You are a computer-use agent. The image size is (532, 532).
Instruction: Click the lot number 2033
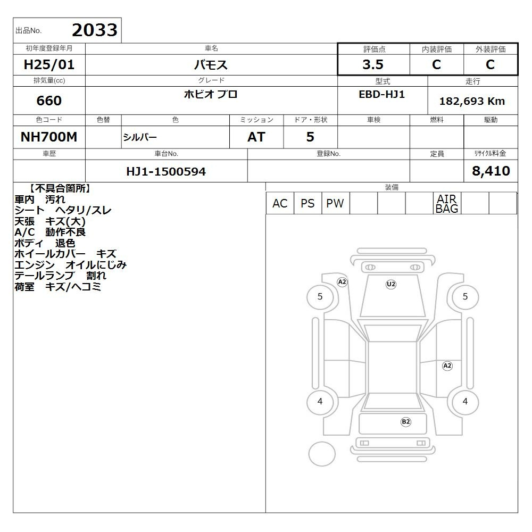tap(95, 30)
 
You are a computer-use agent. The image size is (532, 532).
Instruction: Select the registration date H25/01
tap(49, 64)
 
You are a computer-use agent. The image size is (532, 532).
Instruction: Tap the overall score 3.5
tap(373, 64)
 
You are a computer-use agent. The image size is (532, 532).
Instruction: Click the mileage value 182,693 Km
tap(472, 101)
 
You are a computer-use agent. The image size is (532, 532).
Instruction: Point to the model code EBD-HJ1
tap(381, 94)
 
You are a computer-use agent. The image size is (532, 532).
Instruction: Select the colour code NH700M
tap(49, 137)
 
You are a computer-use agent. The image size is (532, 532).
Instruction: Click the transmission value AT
tap(256, 137)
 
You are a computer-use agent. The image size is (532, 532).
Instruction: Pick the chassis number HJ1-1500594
tap(166, 171)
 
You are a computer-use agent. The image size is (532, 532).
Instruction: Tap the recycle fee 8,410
tap(491, 171)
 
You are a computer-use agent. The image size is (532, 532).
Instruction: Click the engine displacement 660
tap(49, 101)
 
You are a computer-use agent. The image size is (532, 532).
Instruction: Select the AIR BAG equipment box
tap(447, 203)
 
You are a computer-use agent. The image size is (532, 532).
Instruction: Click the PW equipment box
tap(335, 203)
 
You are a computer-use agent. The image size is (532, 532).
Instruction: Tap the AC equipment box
tap(280, 203)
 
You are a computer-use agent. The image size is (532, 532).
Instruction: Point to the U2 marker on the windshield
tap(391, 284)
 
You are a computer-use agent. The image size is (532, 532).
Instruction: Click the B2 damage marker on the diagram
tap(406, 422)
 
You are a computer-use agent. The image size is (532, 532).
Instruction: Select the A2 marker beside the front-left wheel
tap(342, 282)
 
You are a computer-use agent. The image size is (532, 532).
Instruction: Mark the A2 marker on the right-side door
tap(447, 366)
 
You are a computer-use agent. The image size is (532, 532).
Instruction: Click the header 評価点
tap(374, 49)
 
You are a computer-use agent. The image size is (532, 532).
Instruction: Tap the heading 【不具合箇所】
tap(60, 188)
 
